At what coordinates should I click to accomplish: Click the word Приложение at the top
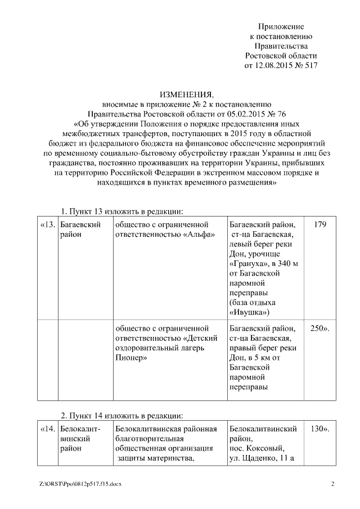click(281, 26)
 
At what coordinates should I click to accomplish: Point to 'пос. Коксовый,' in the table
click(258, 449)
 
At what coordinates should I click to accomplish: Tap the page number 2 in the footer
click(332, 484)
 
